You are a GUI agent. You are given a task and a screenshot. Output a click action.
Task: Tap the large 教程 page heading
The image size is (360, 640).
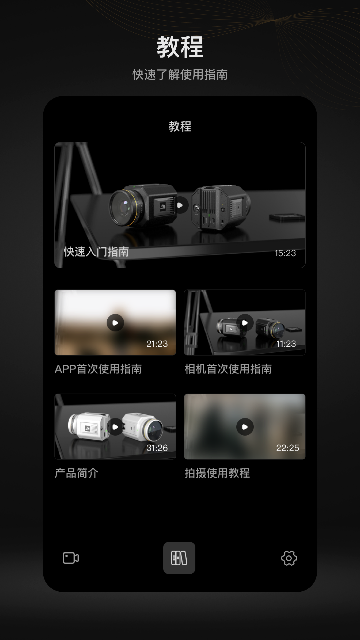[180, 47]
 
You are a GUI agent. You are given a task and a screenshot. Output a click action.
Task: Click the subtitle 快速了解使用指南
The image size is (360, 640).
[180, 75]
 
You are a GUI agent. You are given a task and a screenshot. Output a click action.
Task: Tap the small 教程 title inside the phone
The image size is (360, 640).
[180, 126]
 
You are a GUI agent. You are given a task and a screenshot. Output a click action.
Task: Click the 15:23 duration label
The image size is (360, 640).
[285, 253]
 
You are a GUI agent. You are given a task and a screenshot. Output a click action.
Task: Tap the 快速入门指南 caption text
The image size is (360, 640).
[96, 252]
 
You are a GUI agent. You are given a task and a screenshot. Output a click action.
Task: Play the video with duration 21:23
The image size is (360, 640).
[115, 323]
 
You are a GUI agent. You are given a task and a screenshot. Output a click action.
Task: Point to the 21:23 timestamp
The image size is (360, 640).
[157, 344]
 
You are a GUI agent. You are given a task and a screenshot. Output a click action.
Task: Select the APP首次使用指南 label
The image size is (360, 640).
[98, 369]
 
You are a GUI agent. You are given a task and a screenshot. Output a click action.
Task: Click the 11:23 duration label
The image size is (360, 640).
[286, 344]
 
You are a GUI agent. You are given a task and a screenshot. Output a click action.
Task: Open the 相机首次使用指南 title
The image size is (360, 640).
[228, 369]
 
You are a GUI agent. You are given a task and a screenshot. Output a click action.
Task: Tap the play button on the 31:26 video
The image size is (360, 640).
[115, 427]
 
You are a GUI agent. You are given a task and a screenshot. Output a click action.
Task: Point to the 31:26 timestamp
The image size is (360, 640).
[157, 448]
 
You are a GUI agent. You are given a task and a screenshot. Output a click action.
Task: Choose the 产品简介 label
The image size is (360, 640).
[76, 473]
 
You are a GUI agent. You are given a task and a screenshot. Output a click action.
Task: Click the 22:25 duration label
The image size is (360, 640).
[287, 448]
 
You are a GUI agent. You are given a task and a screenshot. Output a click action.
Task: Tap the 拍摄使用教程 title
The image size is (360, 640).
[217, 473]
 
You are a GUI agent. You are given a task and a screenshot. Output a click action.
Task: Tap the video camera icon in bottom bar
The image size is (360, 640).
[71, 558]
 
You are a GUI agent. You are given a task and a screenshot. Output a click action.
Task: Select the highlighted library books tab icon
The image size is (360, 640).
[179, 558]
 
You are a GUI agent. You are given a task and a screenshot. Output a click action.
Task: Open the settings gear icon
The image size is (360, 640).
[289, 558]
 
